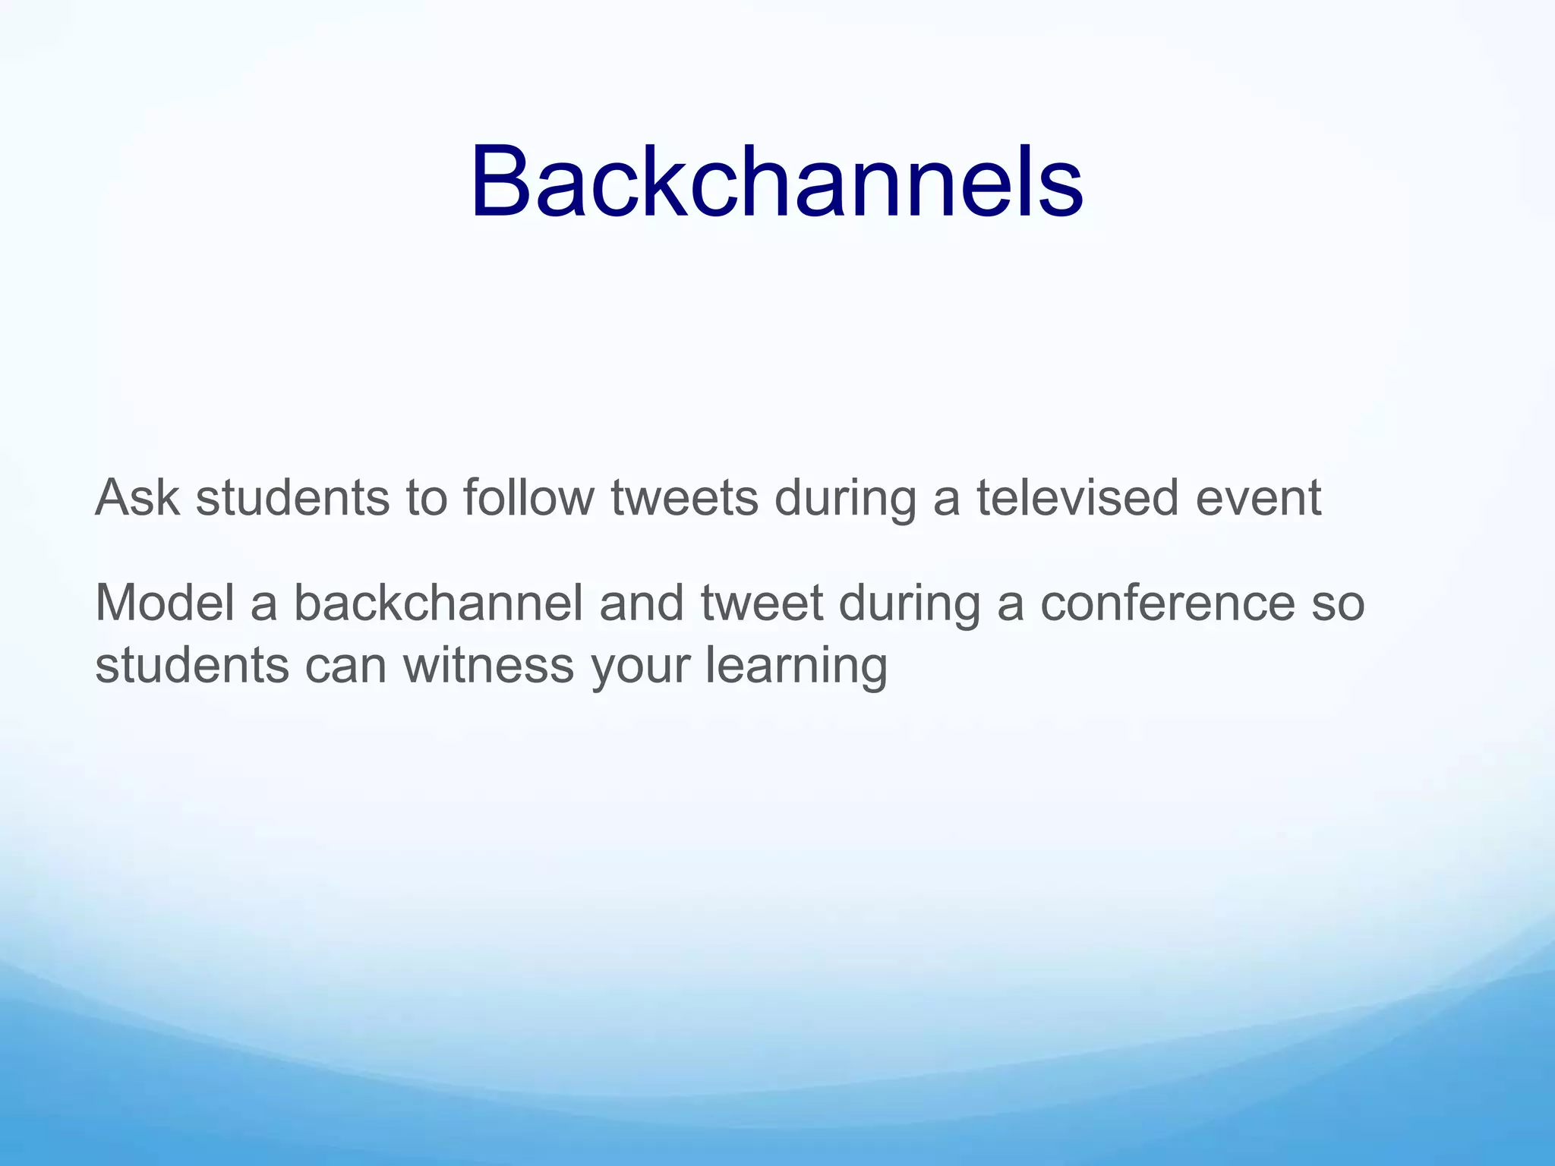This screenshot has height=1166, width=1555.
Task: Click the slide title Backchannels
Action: [776, 183]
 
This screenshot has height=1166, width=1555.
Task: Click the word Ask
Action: [137, 499]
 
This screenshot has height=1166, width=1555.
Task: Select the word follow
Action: [528, 499]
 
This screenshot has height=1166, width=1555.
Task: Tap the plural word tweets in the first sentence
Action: [684, 499]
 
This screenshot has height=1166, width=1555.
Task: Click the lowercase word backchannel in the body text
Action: [438, 603]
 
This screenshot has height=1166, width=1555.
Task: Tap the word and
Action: [642, 603]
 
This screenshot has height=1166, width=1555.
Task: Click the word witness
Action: [488, 666]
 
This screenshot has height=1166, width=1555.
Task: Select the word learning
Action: [796, 666]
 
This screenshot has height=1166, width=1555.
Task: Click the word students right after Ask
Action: [292, 499]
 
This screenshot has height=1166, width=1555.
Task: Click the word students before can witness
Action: [192, 666]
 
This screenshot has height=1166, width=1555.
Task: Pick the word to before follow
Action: [427, 499]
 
